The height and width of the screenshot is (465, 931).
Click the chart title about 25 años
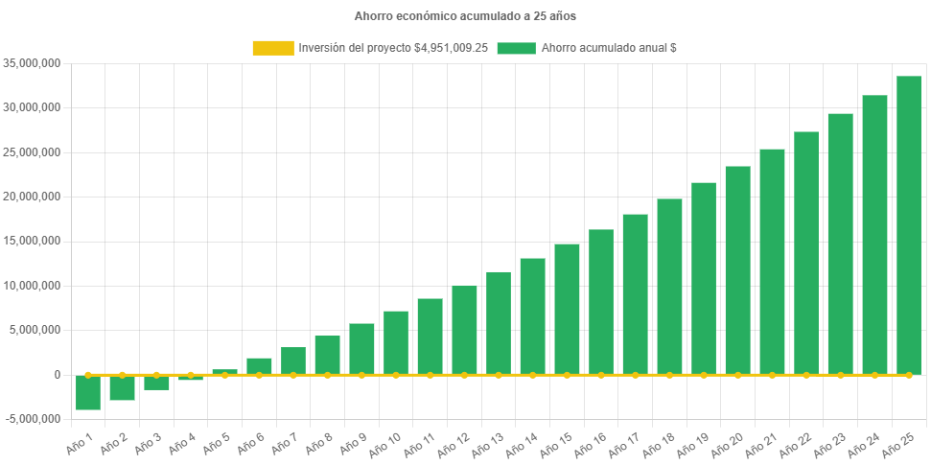(x=465, y=16)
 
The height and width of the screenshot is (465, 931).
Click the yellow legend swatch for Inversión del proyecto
(x=272, y=47)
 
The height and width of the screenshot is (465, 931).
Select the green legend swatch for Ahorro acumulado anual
(x=516, y=47)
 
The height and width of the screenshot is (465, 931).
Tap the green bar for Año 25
(x=909, y=225)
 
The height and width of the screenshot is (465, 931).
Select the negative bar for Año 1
(x=88, y=392)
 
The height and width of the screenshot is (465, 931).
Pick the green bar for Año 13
(x=499, y=323)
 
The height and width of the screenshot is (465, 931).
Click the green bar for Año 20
(x=737, y=270)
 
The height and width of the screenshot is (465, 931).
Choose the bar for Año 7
(x=293, y=360)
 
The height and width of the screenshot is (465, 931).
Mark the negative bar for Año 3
(x=156, y=383)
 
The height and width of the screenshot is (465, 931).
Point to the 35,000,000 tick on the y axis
(x=33, y=63)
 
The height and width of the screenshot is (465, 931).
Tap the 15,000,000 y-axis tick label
(x=33, y=241)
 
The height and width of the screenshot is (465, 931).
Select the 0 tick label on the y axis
(x=58, y=375)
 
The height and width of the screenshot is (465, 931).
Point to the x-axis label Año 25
(x=896, y=444)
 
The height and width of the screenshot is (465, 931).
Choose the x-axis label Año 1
(x=79, y=443)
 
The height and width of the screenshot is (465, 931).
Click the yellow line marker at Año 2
(x=122, y=375)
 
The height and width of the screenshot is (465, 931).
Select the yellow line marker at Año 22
(x=806, y=375)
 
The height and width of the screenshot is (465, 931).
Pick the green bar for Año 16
(x=601, y=302)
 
